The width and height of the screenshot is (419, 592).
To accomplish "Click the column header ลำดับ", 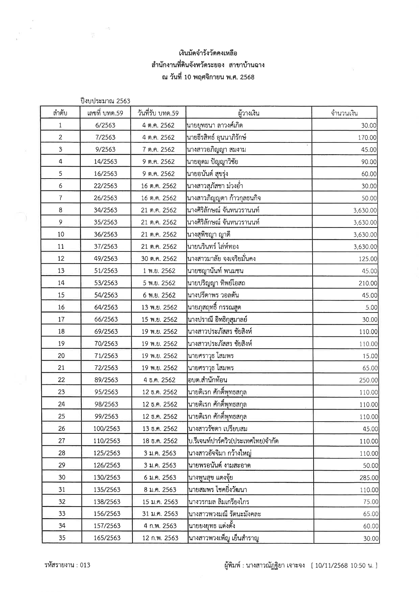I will tap(60, 113).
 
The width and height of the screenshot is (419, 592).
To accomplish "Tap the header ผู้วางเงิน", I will tap(248, 113).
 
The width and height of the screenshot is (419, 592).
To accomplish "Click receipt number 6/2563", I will tap(105, 125).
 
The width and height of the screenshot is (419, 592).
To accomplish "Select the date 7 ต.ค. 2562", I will tap(158, 150).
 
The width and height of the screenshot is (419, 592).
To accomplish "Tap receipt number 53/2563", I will tap(106, 283).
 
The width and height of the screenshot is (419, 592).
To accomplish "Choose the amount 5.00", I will tap(371, 307).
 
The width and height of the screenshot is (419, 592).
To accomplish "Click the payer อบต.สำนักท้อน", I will tap(207, 380).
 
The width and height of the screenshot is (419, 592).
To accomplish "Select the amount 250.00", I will tap(368, 380).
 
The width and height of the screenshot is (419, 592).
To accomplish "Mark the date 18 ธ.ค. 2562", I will tap(160, 441).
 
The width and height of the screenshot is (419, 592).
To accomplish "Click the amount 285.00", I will tap(369, 478).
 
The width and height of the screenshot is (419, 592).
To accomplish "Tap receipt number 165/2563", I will tap(107, 538).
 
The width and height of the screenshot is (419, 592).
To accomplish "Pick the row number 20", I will tap(61, 356).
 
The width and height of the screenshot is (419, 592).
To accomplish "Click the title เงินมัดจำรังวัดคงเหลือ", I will tap(208, 53).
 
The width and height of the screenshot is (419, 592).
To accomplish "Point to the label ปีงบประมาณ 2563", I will tap(105, 101).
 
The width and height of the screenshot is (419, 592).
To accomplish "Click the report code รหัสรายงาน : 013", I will tap(67, 565).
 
